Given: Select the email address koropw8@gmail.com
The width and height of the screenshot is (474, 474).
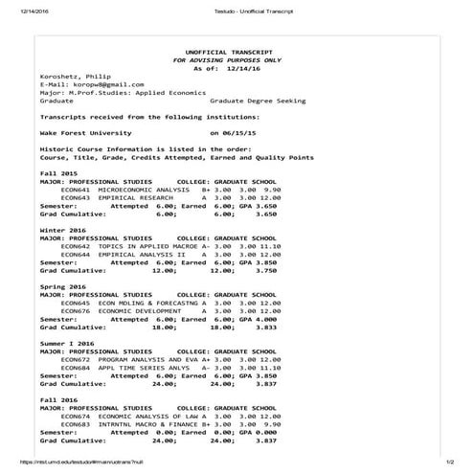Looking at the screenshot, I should [99, 84].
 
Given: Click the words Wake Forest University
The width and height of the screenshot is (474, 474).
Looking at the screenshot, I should [85, 133].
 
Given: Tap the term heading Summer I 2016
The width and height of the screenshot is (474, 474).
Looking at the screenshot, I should [65, 342].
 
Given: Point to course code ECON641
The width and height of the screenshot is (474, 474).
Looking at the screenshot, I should [74, 189].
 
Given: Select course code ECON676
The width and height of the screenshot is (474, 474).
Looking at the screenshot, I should [74, 310].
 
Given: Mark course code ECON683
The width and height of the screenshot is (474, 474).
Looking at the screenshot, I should [74, 423].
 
